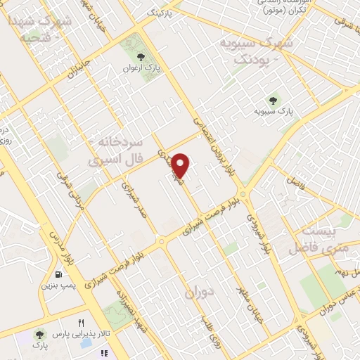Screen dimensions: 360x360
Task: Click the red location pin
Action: tap(181, 165)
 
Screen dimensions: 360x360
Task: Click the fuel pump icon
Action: tap(57, 273)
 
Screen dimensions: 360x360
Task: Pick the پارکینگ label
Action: tap(158, 13)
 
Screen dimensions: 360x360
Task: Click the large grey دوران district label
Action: tap(200, 292)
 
